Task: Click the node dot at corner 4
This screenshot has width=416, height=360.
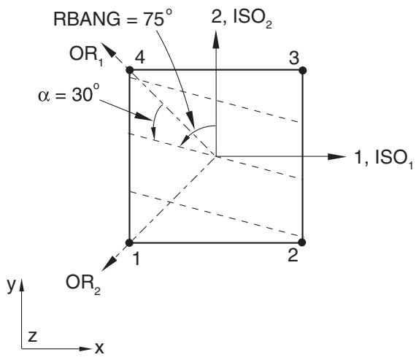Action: pyautogui.click(x=129, y=70)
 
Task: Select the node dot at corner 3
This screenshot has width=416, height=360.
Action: pyautogui.click(x=302, y=70)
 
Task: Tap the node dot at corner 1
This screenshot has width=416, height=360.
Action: pyautogui.click(x=129, y=242)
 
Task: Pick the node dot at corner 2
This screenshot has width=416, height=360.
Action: pyautogui.click(x=302, y=242)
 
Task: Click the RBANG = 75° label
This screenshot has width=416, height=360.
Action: pyautogui.click(x=114, y=18)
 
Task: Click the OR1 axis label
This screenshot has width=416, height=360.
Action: pyautogui.click(x=86, y=55)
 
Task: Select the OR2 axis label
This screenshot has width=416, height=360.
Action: pyautogui.click(x=83, y=284)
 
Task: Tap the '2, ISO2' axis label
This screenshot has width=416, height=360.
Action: pyautogui.click(x=242, y=19)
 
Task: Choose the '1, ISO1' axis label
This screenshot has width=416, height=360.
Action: pyautogui.click(x=384, y=158)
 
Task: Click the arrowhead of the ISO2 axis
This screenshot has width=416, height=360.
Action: pyautogui.click(x=216, y=39)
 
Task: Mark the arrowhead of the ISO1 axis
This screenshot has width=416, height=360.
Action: pyautogui.click(x=337, y=157)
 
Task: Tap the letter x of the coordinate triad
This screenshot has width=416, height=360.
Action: pyautogui.click(x=99, y=348)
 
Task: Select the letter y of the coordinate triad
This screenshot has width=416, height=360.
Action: pyautogui.click(x=11, y=286)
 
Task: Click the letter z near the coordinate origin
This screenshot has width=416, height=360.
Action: pyautogui.click(x=32, y=336)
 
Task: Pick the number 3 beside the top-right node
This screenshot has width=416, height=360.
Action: pyautogui.click(x=294, y=58)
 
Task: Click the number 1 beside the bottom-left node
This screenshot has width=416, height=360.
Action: pyautogui.click(x=136, y=258)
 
